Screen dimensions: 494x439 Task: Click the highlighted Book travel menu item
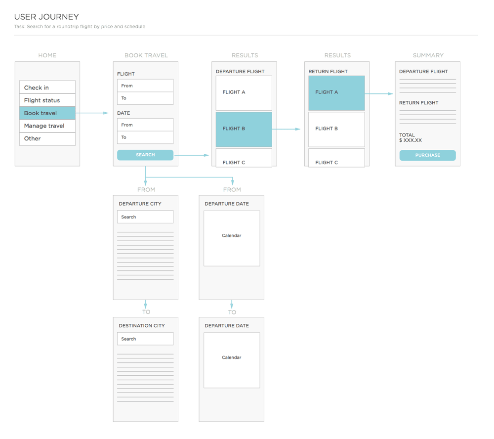click(x=47, y=113)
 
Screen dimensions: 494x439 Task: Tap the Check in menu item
click(x=47, y=87)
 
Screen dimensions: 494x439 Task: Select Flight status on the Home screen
click(x=47, y=100)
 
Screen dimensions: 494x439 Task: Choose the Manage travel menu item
click(x=47, y=126)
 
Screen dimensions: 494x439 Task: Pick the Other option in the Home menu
click(x=47, y=139)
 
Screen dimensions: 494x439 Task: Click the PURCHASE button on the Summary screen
click(x=427, y=155)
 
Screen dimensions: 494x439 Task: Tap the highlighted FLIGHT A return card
click(x=336, y=93)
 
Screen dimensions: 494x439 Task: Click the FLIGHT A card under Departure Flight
click(x=244, y=93)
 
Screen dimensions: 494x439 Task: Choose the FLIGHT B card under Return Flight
click(x=336, y=130)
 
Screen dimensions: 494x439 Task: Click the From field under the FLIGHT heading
click(x=145, y=86)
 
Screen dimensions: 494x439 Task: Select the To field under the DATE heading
click(x=145, y=137)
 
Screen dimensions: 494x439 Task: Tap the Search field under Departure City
click(x=145, y=217)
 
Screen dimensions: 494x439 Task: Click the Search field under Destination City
click(x=145, y=339)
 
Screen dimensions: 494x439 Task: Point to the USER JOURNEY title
click(x=46, y=17)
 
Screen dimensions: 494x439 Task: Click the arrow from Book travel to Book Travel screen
click(x=92, y=113)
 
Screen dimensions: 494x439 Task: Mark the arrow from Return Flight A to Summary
click(x=379, y=93)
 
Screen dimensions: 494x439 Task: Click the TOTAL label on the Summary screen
click(x=407, y=135)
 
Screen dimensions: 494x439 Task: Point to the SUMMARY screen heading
click(x=428, y=55)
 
